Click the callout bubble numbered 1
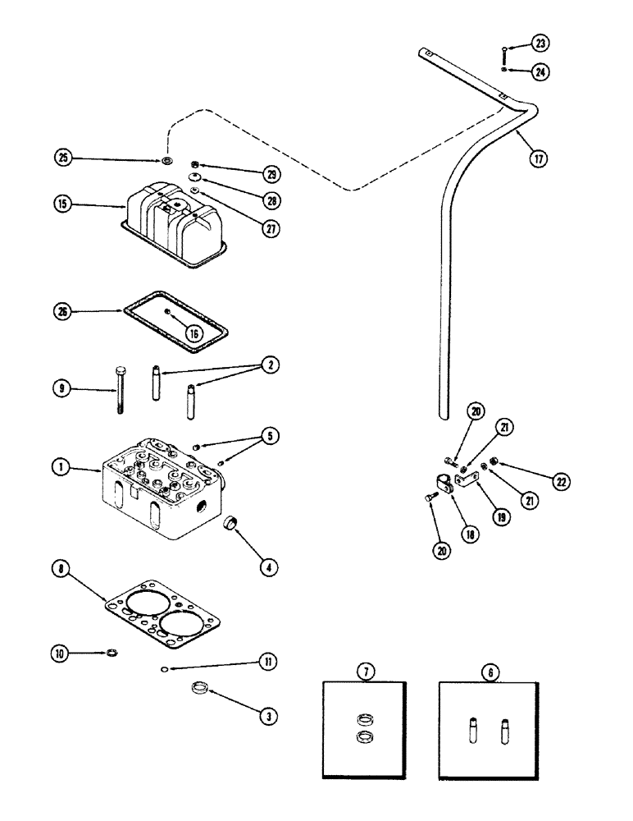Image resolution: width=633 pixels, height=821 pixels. click(x=60, y=467)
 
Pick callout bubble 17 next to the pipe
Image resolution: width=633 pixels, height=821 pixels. click(x=538, y=159)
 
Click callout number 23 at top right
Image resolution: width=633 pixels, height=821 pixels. click(x=542, y=44)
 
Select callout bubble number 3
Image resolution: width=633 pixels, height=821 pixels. click(x=266, y=716)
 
